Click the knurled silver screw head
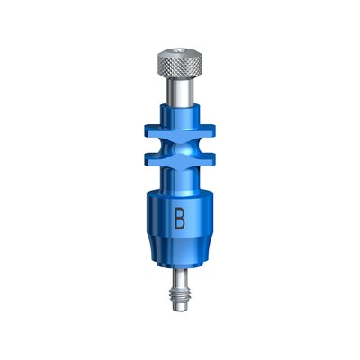(180, 64)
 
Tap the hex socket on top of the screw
(180, 52)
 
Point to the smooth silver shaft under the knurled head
(180, 92)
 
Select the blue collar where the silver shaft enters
(180, 114)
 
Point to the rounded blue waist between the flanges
(180, 147)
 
